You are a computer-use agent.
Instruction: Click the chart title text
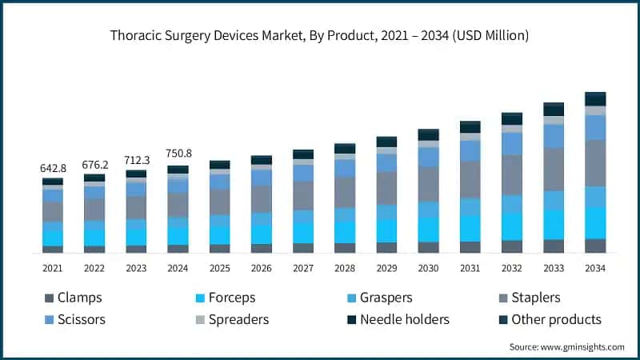tap(320, 36)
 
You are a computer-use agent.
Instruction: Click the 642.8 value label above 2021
tap(53, 169)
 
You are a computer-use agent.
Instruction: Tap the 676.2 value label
tap(94, 165)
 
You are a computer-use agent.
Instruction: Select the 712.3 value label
tap(136, 161)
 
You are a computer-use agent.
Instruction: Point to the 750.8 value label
tap(178, 156)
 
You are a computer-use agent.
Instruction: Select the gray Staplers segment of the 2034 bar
tap(595, 163)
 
